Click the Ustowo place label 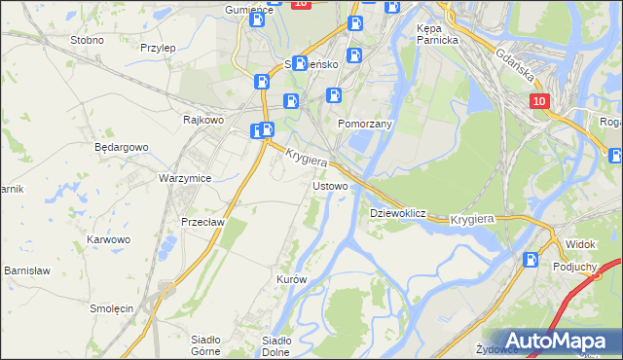328,185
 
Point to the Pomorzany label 364,125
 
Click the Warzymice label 185,179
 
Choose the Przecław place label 203,221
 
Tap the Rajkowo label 204,120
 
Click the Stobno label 88,41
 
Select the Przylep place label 157,47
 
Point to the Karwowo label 108,238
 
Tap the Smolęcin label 111,307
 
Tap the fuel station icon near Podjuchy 531,260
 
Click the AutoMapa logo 554,341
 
